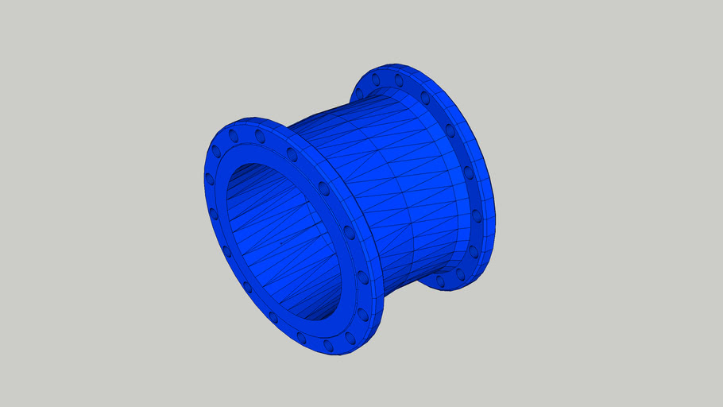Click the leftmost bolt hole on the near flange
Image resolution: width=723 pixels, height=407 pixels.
pos(211,181)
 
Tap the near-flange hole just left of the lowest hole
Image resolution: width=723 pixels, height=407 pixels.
pos(301,337)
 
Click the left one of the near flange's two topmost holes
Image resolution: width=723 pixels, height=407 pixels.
pos(234,137)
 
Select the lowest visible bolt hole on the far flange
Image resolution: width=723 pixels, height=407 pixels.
pos(440,281)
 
